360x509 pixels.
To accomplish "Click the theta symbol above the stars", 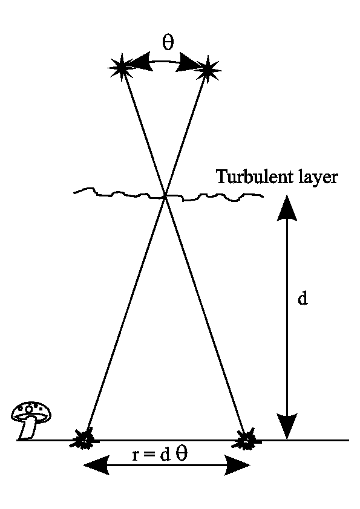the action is [x=168, y=42].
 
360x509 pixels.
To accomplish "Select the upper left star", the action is [x=121, y=68].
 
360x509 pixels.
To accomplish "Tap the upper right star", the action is [x=208, y=68].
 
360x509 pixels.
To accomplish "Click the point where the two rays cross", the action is [x=165, y=196].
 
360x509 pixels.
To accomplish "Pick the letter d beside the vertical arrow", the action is [x=303, y=298].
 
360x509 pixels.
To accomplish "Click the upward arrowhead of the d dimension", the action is [x=287, y=208].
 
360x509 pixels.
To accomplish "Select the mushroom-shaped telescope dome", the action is [x=31, y=420].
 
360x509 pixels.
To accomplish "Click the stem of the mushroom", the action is [x=28, y=429].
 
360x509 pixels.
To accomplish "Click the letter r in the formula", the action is [x=136, y=456].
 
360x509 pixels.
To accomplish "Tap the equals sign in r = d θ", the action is [x=149, y=455].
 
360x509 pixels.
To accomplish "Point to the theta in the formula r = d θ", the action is [x=181, y=454].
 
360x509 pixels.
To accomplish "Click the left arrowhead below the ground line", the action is [x=96, y=465].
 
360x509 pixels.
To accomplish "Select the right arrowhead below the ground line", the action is [x=238, y=465].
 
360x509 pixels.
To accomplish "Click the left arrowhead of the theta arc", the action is [x=140, y=61].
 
